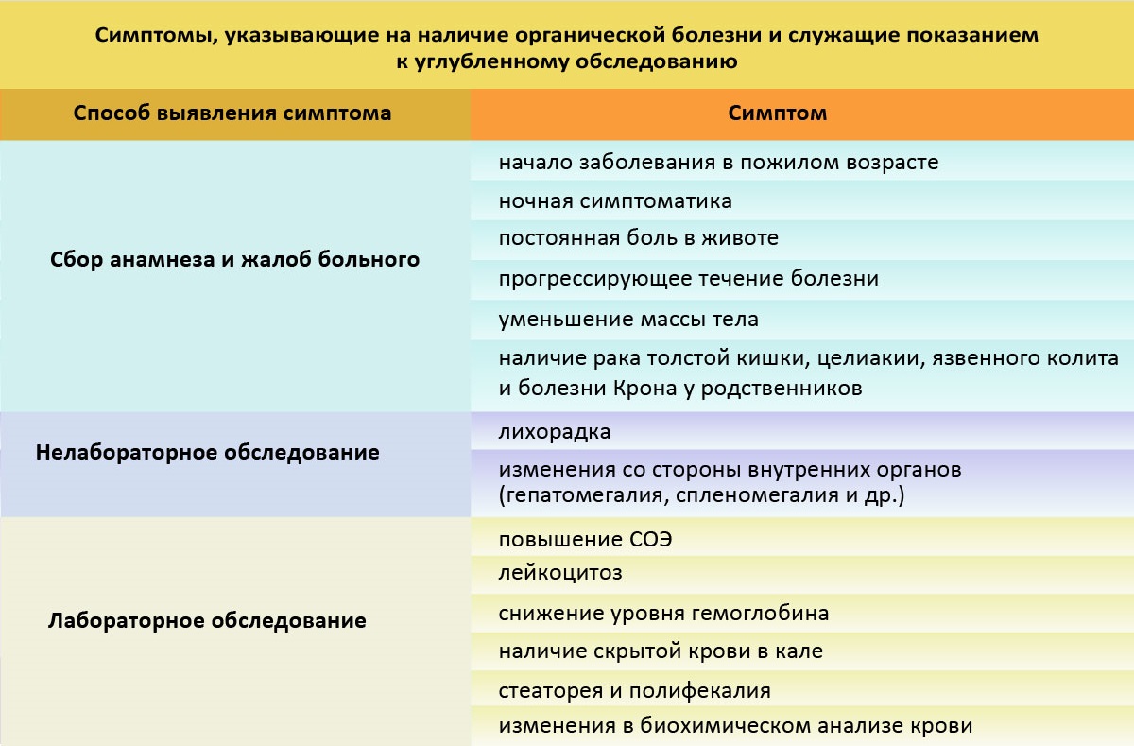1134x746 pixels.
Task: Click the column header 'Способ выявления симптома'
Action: (x=232, y=114)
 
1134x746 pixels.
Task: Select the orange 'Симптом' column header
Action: (x=777, y=113)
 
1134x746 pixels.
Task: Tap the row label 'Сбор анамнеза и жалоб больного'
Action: (x=234, y=259)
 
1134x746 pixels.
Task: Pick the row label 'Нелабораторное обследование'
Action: (x=208, y=453)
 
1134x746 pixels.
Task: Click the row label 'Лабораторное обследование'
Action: (x=207, y=621)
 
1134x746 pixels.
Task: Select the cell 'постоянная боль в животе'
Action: (x=638, y=238)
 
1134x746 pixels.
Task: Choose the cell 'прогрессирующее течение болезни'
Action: (x=688, y=279)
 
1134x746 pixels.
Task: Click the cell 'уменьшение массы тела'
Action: (x=628, y=319)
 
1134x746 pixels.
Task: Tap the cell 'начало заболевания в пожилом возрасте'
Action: (x=718, y=162)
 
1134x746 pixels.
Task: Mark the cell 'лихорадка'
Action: (x=555, y=432)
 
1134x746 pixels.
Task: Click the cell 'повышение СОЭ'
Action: (x=586, y=540)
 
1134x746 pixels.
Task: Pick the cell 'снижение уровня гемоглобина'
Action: (x=663, y=613)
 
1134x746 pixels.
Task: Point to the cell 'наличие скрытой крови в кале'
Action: (x=661, y=651)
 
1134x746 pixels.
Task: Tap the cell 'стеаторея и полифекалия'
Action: (x=634, y=691)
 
